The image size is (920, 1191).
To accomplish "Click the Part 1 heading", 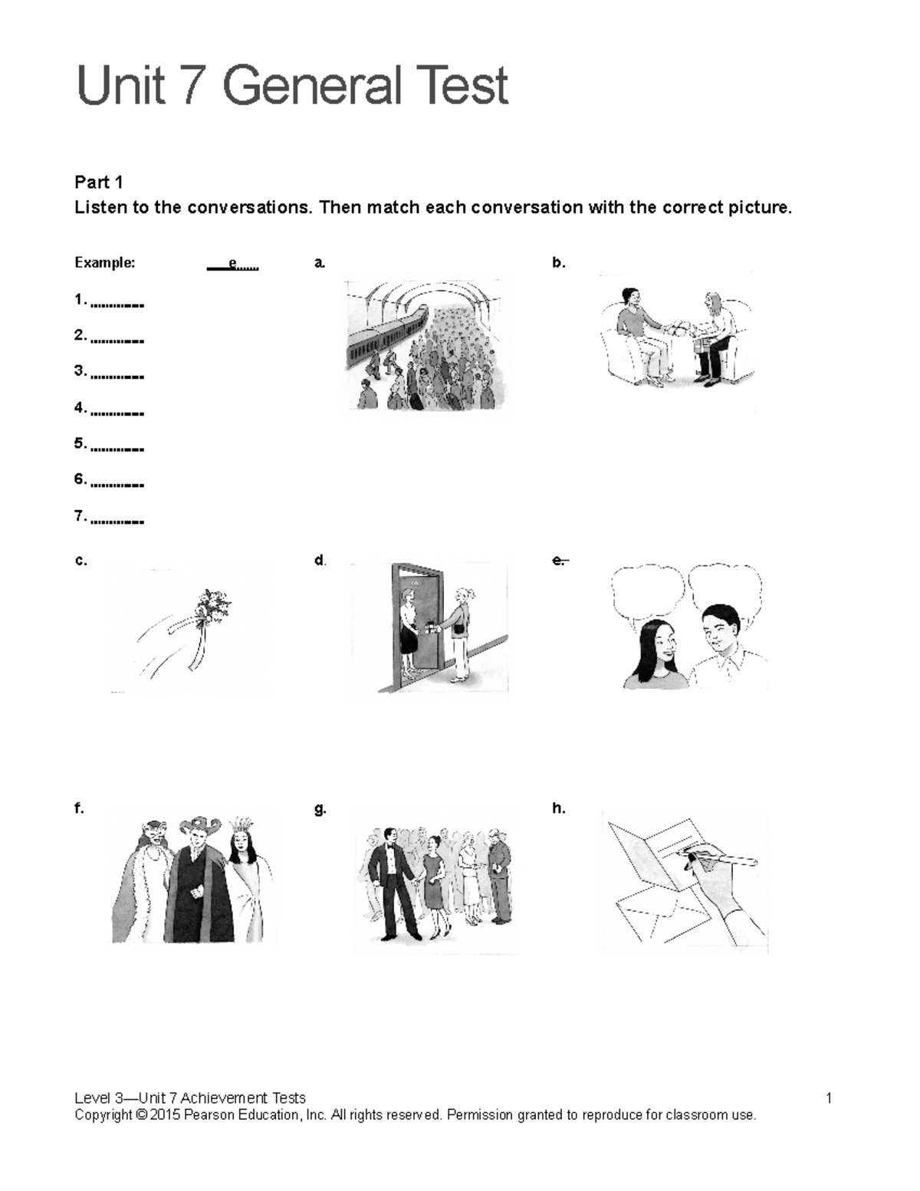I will coord(98,183).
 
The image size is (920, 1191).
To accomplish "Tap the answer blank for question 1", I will coord(117,304).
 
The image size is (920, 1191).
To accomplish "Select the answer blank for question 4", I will coord(117,413).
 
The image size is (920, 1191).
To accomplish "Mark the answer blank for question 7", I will coord(117,521).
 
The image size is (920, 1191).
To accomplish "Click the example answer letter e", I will coord(233,265).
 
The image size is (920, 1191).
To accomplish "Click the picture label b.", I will coord(558,263).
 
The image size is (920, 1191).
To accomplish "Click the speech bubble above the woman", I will coord(647,587).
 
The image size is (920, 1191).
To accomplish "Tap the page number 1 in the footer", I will coord(829,1098).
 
